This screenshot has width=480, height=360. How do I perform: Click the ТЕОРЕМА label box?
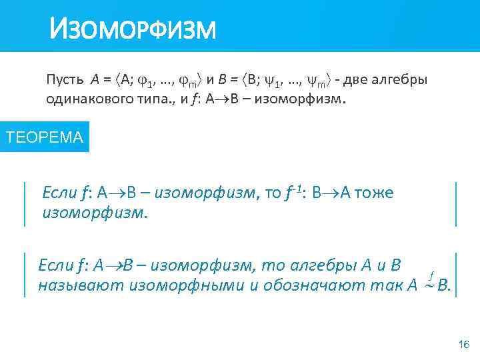44,138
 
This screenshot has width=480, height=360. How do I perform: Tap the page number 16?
464,344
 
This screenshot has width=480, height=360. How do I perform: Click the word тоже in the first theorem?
374,193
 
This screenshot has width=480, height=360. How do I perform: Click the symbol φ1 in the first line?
148,81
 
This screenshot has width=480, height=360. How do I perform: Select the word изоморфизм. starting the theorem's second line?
94,213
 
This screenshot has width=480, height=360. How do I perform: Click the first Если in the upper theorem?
59,193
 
